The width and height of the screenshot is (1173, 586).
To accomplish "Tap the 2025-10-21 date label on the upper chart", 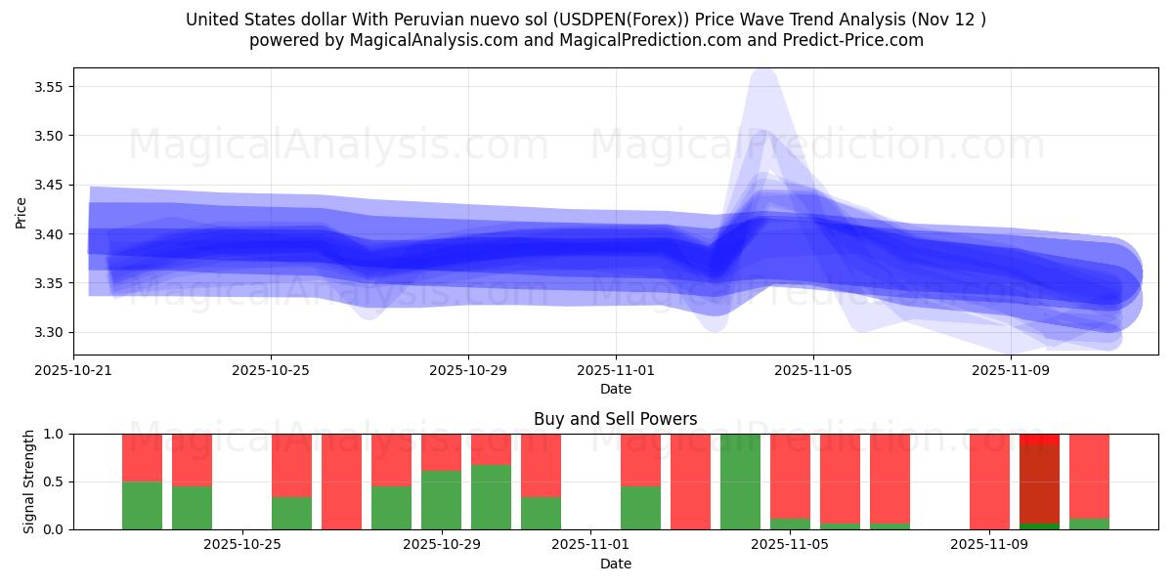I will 74,370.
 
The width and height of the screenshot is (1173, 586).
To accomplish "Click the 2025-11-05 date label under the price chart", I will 813,370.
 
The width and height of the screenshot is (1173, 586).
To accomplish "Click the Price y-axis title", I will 21,212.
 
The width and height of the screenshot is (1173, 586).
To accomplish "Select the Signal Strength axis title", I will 29,481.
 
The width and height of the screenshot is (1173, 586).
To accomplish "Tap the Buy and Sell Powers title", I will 616,419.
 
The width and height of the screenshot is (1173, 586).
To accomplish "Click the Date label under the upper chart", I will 616,389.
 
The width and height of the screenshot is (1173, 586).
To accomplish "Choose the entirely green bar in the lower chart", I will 740,481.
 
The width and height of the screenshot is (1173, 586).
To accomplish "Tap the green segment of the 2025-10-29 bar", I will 442,500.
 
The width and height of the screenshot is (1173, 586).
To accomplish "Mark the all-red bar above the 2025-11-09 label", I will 989,481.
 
